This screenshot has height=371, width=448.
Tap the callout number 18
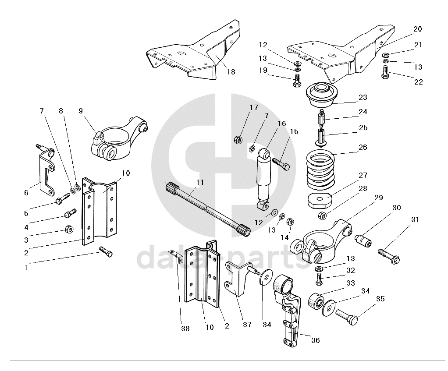click(x=231, y=72)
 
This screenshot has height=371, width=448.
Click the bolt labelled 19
click(x=296, y=81)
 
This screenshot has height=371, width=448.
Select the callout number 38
click(x=185, y=329)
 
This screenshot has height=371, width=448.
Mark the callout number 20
click(x=417, y=29)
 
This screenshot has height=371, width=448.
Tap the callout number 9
click(x=81, y=111)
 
